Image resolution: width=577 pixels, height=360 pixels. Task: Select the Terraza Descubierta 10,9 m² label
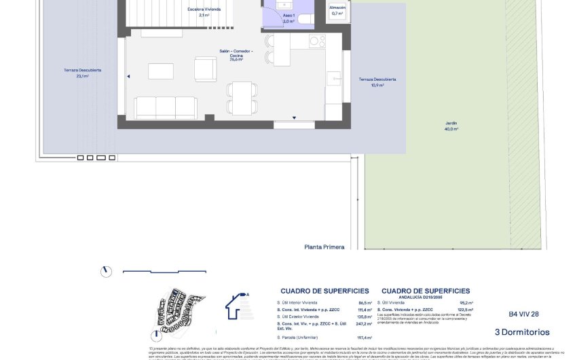click(377, 82)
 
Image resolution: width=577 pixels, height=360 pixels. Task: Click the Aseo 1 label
click(288, 18)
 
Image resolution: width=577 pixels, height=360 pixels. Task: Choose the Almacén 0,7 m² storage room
click(337, 10)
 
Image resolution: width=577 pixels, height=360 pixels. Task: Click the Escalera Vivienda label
click(203, 12)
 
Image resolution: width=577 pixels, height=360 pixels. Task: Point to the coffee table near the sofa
click(160, 71)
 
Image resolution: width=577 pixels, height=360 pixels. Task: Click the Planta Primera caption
click(324, 247)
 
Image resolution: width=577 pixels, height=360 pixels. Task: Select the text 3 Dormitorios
click(522, 332)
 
